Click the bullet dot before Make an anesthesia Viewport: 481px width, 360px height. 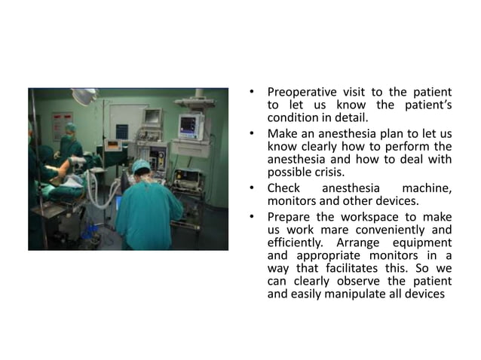(x=255, y=133)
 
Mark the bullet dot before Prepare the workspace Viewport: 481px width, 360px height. (x=255, y=215)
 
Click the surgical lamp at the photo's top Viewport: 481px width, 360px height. (x=85, y=96)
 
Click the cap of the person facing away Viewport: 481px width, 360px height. (x=141, y=165)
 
